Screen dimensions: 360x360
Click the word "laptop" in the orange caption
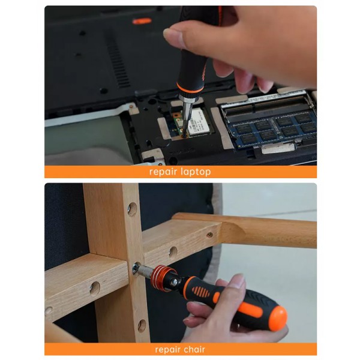[x=196, y=172]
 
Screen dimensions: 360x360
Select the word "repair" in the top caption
[x=163, y=172]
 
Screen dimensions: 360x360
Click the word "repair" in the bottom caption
[x=166, y=350]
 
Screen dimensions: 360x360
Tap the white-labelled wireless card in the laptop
[x=199, y=122]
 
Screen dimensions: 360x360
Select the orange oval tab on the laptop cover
[x=142, y=21]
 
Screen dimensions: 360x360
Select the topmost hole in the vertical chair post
[x=132, y=209]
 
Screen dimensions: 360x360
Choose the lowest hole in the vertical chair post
[x=142, y=326]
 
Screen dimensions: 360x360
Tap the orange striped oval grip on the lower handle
[x=200, y=292]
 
